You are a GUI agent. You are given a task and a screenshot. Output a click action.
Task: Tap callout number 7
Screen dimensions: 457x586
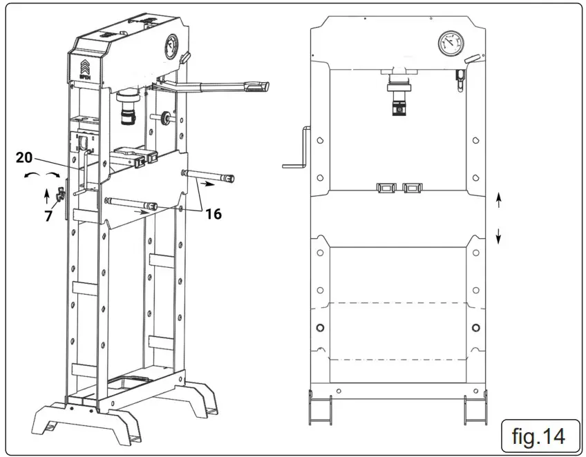48,216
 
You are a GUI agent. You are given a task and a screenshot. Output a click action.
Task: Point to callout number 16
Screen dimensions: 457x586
214,214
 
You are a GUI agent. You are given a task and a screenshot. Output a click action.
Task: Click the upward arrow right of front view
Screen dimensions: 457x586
498,201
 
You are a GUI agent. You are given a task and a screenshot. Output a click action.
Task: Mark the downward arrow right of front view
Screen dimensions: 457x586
498,237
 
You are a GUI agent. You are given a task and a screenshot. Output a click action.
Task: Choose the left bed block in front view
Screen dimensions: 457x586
385,188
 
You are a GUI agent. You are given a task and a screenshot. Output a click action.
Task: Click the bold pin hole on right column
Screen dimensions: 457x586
475,327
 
